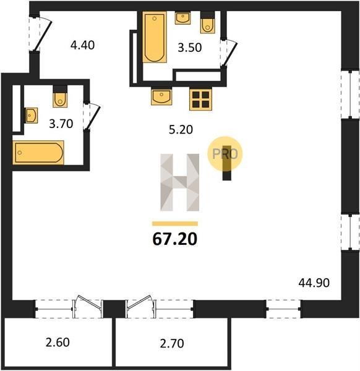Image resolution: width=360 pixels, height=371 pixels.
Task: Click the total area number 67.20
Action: (175, 239)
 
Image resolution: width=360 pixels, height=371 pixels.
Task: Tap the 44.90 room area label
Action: (314, 283)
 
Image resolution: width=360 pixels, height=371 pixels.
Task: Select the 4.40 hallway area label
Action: (82, 45)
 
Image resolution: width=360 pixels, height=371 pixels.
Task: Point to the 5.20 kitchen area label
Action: (181, 129)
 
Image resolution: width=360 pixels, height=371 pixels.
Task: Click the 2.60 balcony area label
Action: (58, 342)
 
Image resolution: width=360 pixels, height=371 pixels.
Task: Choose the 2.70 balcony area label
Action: (172, 343)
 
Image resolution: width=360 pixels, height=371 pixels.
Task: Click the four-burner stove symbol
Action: (200, 100)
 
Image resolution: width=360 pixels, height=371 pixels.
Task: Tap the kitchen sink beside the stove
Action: (161, 97)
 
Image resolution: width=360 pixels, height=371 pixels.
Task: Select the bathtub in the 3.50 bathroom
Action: (155, 37)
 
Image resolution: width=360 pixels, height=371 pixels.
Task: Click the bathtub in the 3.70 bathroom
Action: (38, 153)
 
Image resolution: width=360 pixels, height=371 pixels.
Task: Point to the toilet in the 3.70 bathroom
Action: (60, 96)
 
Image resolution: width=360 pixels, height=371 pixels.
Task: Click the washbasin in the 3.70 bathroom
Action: (32, 116)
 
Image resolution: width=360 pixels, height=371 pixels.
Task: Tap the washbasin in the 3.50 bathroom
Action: (182, 18)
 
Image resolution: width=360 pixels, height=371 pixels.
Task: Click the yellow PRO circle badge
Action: (225, 154)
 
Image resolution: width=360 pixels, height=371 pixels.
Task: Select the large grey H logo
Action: (179, 182)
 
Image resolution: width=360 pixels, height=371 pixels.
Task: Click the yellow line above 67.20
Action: (175, 224)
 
